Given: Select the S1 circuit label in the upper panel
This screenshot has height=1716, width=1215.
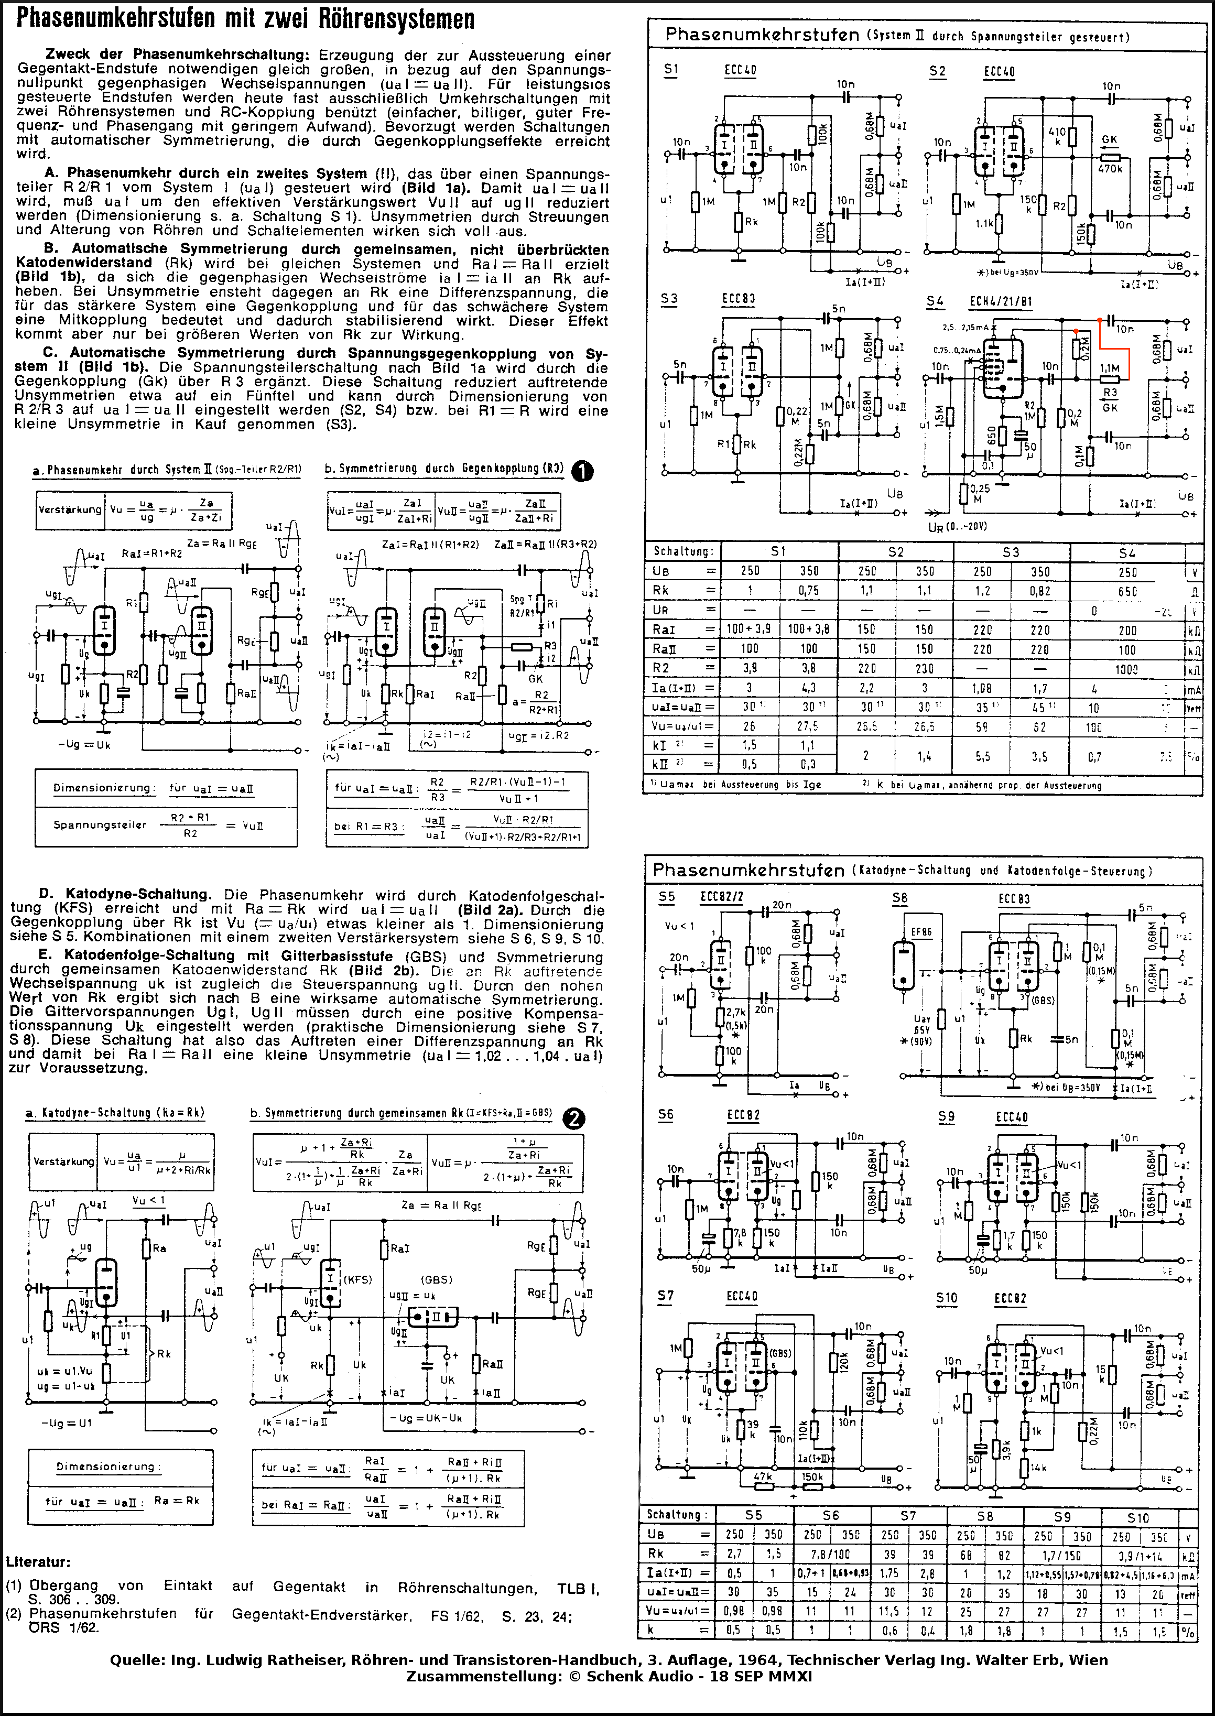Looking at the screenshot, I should (x=671, y=70).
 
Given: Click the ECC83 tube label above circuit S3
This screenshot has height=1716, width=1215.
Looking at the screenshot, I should (x=739, y=298).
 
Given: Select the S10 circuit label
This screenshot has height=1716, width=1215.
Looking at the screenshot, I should (x=947, y=1298).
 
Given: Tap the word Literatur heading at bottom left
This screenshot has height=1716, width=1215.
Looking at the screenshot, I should (x=38, y=1562).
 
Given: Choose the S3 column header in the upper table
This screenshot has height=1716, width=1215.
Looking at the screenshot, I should (x=1011, y=552).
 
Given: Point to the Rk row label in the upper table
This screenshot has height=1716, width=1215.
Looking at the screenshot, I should (x=660, y=590).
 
